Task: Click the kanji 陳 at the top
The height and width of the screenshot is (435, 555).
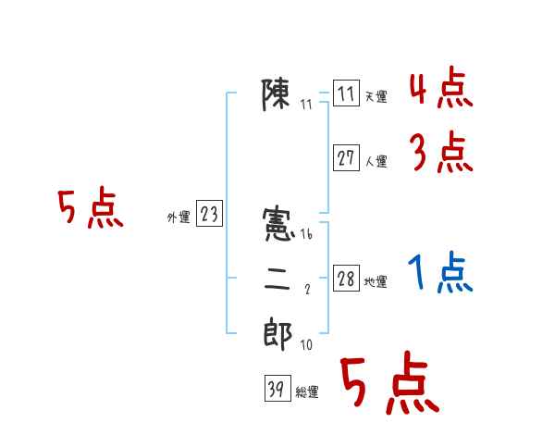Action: click(277, 94)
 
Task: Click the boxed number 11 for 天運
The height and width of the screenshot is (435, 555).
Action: click(346, 94)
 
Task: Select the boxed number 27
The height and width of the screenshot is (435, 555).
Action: click(346, 158)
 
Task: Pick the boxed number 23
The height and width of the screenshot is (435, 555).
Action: click(209, 215)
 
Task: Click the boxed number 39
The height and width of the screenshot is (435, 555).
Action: click(276, 390)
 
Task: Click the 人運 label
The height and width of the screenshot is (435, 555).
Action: click(376, 161)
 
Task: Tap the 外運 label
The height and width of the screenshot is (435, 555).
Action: click(179, 217)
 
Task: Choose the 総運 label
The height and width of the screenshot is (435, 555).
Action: click(307, 392)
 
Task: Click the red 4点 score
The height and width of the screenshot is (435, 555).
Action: click(440, 91)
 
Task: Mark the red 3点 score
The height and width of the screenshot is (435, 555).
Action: click(440, 153)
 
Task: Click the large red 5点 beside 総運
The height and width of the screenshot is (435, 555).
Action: click(388, 384)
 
